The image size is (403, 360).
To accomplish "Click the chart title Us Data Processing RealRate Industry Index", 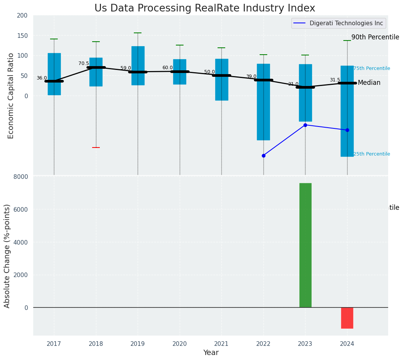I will click(x=205, y=8).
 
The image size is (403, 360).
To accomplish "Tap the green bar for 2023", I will click(x=305, y=245).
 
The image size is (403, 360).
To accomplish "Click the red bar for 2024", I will click(x=347, y=318).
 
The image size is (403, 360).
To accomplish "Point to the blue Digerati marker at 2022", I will click(x=263, y=156).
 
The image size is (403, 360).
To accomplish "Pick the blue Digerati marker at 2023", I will click(x=305, y=125).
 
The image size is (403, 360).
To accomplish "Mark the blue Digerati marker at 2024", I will click(x=347, y=130).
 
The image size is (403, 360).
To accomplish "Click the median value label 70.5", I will click(x=83, y=64).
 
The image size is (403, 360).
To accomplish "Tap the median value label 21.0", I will click(x=293, y=84).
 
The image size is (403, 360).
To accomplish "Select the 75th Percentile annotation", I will click(x=371, y=69).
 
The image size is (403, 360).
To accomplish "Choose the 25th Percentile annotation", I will click(x=371, y=154).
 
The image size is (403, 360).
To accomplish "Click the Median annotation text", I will click(x=369, y=83).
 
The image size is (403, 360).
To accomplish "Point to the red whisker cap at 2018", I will click(x=96, y=148).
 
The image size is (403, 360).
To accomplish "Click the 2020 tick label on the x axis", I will click(x=179, y=344).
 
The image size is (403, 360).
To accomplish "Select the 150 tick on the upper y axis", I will click(x=22, y=36).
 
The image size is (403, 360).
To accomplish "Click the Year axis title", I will click(x=211, y=353).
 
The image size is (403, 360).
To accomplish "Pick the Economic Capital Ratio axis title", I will click(x=11, y=96).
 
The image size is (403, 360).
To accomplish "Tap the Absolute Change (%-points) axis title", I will click(x=7, y=256).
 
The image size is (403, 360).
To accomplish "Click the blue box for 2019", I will click(x=138, y=66).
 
